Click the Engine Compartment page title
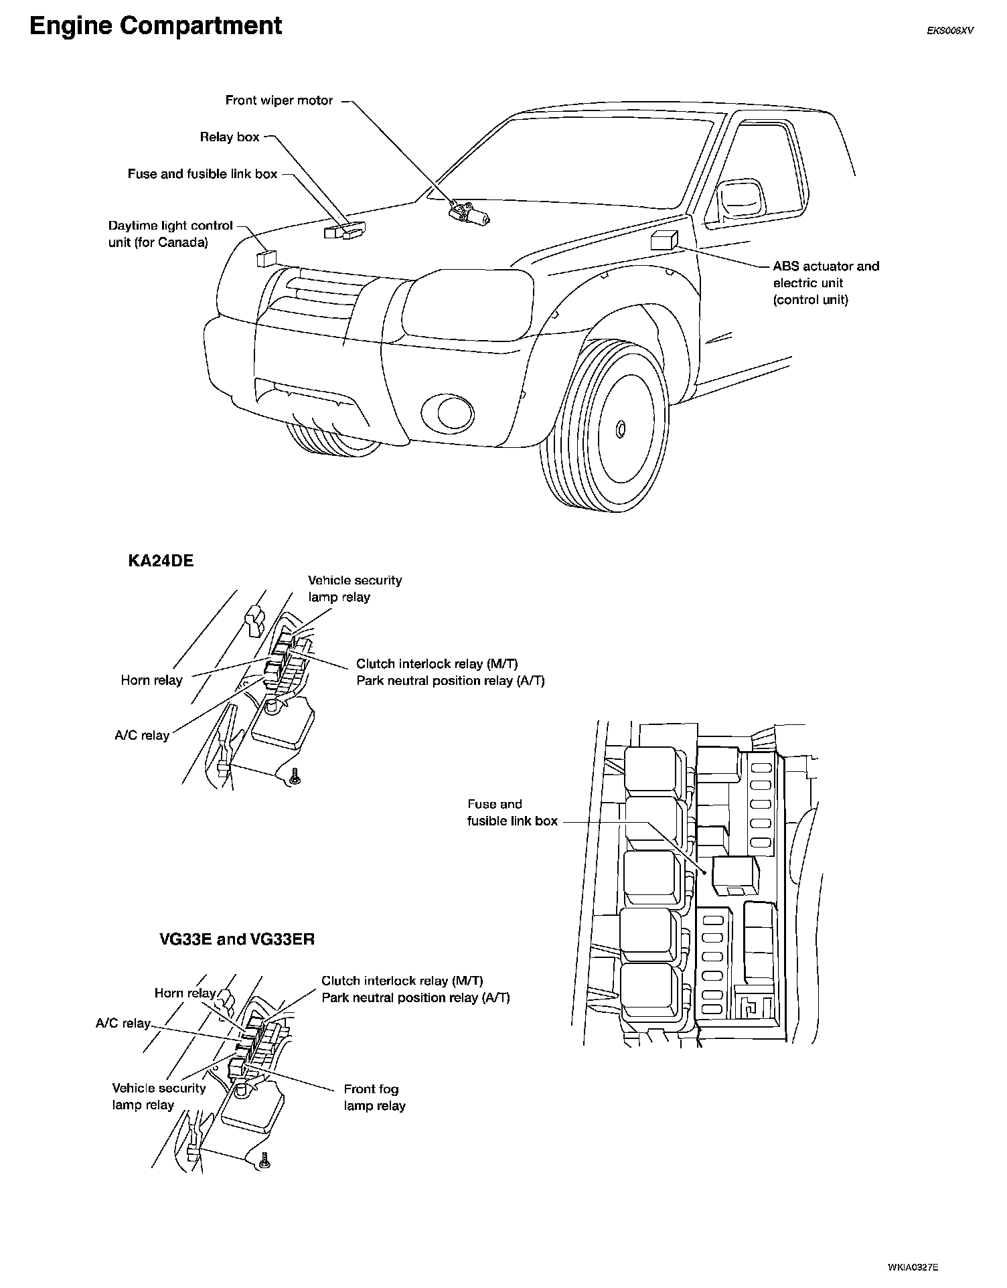pyautogui.click(x=155, y=26)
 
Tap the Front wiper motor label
pyautogui.click(x=279, y=100)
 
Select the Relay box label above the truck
pyautogui.click(x=229, y=137)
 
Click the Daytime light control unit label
pyautogui.click(x=170, y=234)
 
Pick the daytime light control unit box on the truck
pyautogui.click(x=266, y=258)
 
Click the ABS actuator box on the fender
pyautogui.click(x=664, y=240)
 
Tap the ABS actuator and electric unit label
pyautogui.click(x=826, y=283)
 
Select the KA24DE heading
pyautogui.click(x=161, y=561)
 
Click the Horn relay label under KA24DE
pyautogui.click(x=151, y=680)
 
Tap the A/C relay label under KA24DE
pyautogui.click(x=142, y=735)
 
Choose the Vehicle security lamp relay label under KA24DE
pyautogui.click(x=355, y=588)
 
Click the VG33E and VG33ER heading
pyautogui.click(x=237, y=939)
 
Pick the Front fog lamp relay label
pyautogui.click(x=374, y=1097)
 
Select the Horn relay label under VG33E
pyautogui.click(x=185, y=993)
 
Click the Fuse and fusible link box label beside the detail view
pyautogui.click(x=512, y=813)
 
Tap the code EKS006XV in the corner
pyautogui.click(x=949, y=30)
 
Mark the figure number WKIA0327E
pyautogui.click(x=913, y=1267)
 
